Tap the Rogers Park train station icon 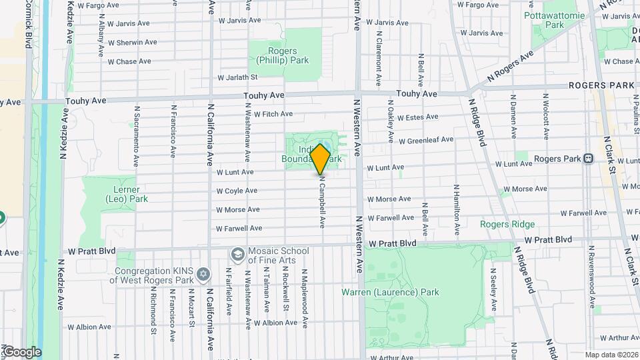(x=588, y=159)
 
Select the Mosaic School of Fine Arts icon (x=237, y=254)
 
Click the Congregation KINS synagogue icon (x=204, y=275)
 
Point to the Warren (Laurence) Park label (x=390, y=292)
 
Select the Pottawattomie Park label (x=554, y=19)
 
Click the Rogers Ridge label (x=507, y=224)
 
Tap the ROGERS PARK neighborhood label (x=601, y=85)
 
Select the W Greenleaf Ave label (x=426, y=140)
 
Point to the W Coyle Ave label (x=237, y=191)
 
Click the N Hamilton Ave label (x=457, y=210)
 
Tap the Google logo (x=21, y=352)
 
